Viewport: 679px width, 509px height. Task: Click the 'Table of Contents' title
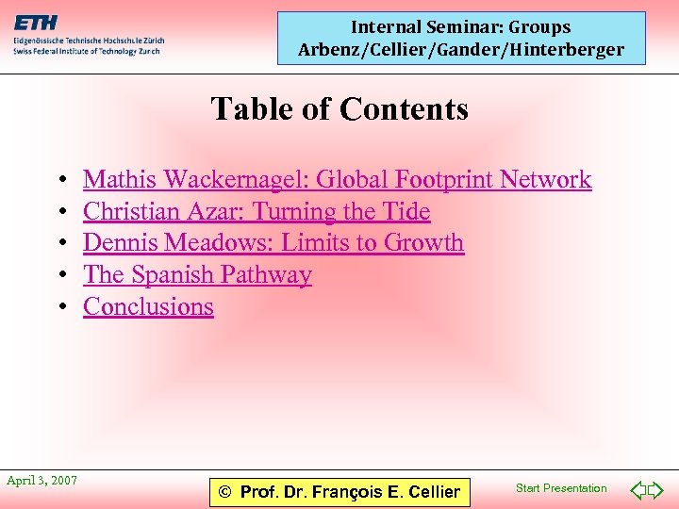(339, 109)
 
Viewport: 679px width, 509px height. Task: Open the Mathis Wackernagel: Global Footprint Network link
(337, 179)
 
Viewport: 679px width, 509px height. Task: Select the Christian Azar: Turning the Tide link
(257, 211)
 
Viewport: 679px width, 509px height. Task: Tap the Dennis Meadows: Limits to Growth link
(273, 242)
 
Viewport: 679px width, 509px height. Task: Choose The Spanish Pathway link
(197, 274)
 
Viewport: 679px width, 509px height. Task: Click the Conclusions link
(148, 306)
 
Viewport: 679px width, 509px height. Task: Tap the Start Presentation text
(561, 488)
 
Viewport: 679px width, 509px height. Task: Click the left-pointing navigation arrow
(638, 490)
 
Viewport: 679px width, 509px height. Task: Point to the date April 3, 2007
(41, 481)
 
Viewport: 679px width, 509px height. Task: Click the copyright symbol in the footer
(224, 492)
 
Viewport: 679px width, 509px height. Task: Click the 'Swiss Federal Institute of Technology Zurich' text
(86, 51)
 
